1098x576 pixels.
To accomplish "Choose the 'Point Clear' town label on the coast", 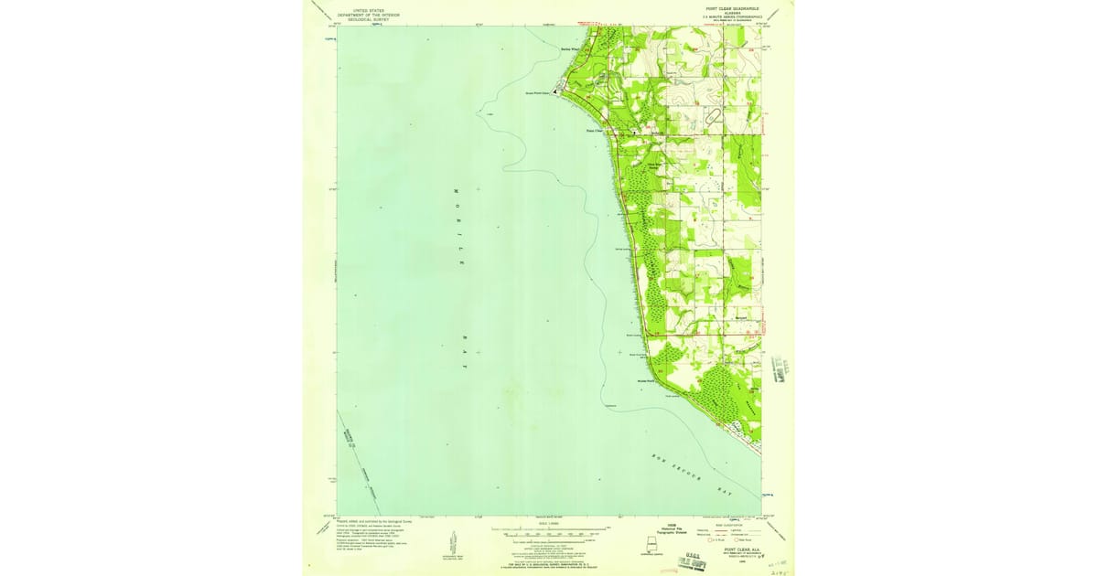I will pyautogui.click(x=595, y=131).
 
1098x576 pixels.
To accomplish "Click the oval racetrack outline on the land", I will pyautogui.click(x=713, y=116).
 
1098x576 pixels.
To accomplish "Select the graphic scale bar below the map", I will pyautogui.click(x=549, y=529).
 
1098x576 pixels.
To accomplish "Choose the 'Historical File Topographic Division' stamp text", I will pyautogui.click(x=627, y=529).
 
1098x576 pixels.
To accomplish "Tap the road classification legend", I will pyautogui.click(x=728, y=533).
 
